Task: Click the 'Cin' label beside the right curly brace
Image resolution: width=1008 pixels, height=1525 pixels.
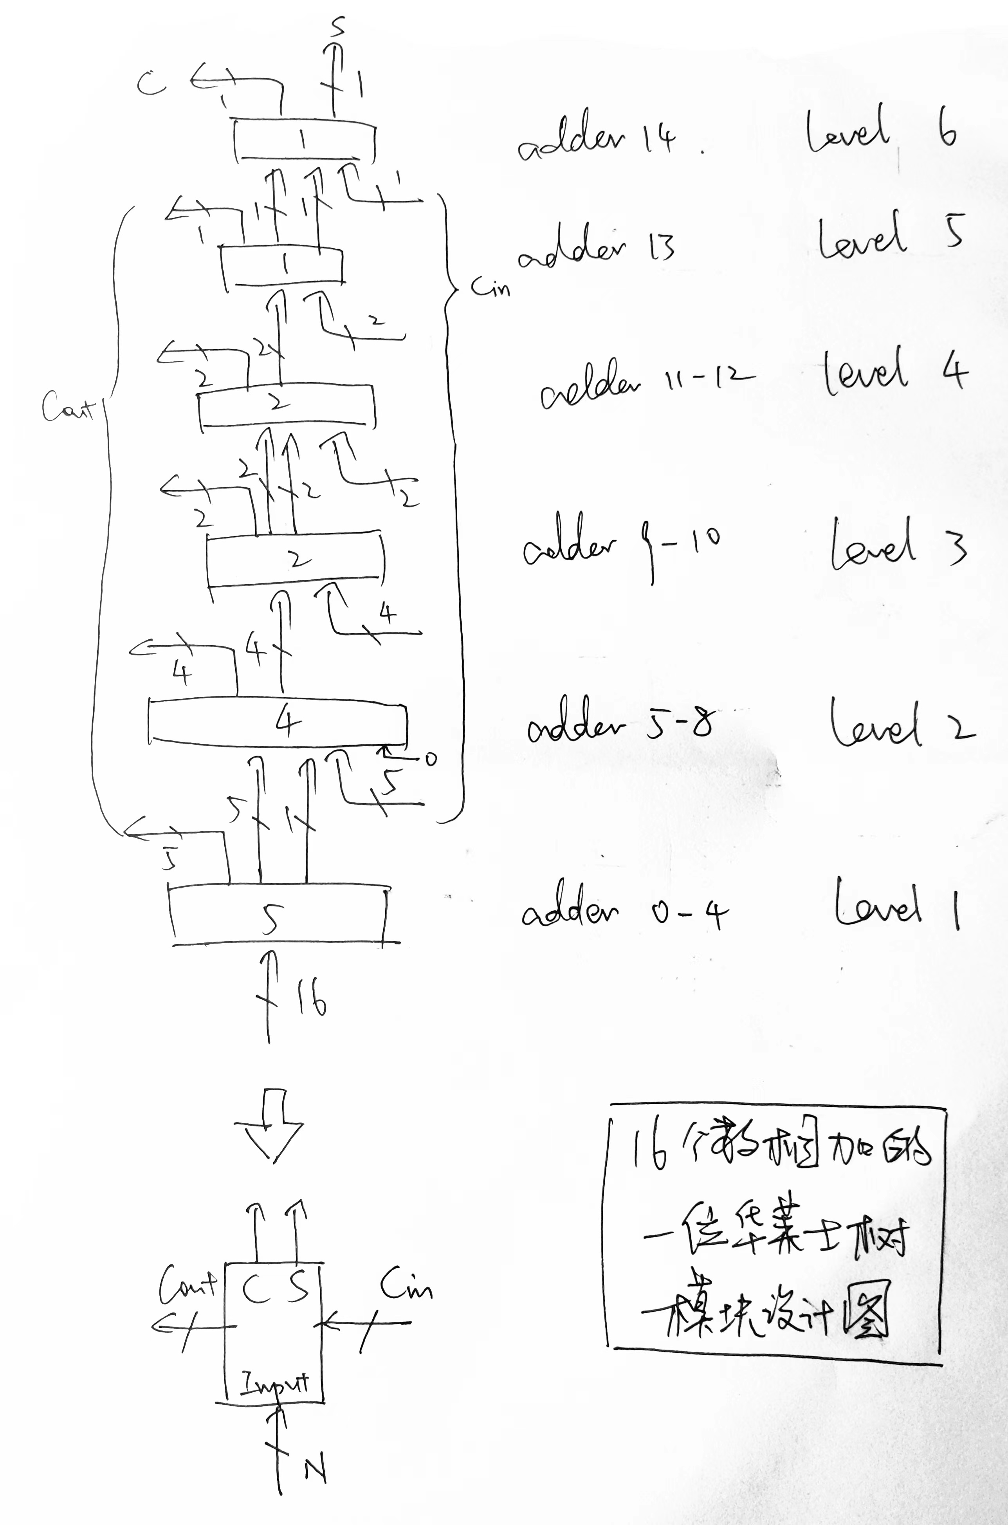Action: click(x=490, y=286)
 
